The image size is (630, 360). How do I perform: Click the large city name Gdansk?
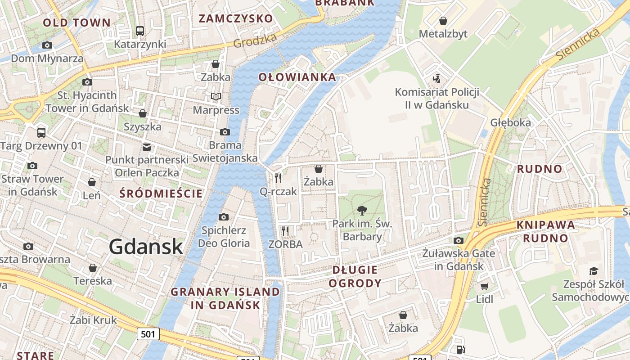click(146, 247)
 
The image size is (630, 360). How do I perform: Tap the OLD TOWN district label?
click(76, 22)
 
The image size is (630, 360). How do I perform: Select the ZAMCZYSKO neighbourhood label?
click(236, 18)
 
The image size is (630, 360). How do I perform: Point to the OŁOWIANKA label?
click(297, 77)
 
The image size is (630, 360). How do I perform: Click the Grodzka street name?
click(255, 41)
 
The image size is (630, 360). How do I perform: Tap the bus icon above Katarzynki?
click(140, 31)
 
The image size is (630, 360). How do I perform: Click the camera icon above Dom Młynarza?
click(47, 45)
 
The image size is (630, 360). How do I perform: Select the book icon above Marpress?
click(216, 96)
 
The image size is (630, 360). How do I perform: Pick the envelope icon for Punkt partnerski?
click(147, 147)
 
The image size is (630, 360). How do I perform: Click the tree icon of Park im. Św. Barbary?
click(362, 210)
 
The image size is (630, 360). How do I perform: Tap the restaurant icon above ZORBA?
click(285, 231)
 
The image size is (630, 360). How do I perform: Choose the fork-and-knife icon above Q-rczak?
click(278, 178)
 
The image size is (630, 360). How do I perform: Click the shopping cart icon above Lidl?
click(484, 287)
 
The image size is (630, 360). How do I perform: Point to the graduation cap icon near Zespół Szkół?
click(594, 271)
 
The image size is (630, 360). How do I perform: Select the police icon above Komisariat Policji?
click(436, 79)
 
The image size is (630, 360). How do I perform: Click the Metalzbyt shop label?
click(443, 34)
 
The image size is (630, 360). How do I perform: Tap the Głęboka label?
click(510, 122)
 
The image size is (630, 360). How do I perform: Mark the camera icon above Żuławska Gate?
click(459, 240)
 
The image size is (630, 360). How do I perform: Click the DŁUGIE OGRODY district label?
click(355, 276)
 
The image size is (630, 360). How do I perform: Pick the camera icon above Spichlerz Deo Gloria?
click(224, 217)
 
